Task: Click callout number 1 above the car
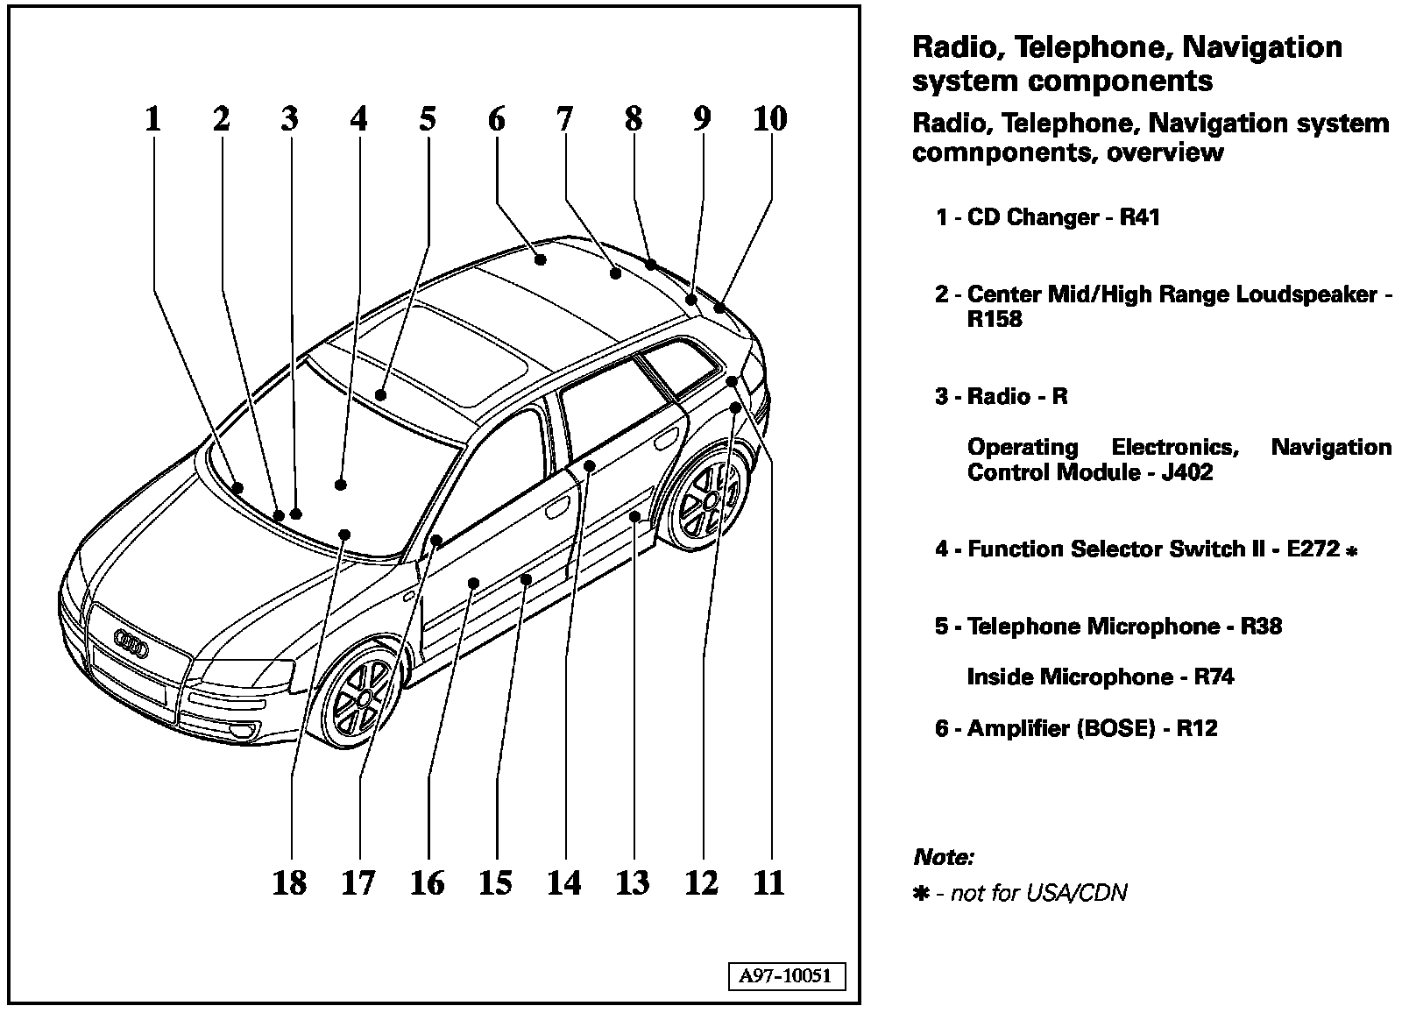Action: click(153, 118)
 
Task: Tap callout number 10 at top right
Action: click(769, 118)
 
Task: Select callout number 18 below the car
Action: click(289, 882)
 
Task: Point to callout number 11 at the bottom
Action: click(768, 882)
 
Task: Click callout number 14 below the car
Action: click(563, 882)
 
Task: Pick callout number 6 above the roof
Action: click(496, 118)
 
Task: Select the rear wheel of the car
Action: click(709, 500)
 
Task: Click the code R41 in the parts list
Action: click(1140, 217)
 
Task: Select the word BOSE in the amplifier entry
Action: click(1114, 728)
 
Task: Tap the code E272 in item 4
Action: click(1313, 549)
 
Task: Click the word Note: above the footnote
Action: click(943, 856)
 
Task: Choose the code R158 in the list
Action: click(995, 319)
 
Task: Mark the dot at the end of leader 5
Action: click(380, 394)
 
